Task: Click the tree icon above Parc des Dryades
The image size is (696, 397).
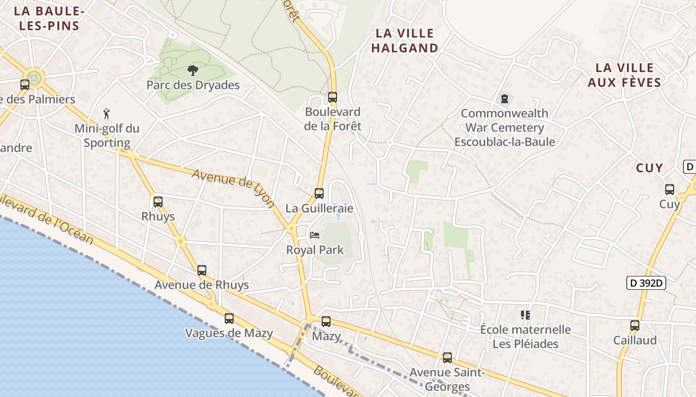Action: (192, 70)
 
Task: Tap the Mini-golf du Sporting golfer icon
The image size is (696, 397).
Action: (106, 114)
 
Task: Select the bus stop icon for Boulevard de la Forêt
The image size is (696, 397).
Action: (333, 97)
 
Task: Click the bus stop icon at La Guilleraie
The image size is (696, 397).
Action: (319, 194)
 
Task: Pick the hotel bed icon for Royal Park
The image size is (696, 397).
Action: (314, 235)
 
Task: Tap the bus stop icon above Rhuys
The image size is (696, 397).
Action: (158, 202)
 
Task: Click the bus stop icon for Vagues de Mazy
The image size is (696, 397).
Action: (229, 319)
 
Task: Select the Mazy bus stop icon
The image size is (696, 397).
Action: (326, 322)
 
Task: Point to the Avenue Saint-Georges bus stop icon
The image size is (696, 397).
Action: (447, 358)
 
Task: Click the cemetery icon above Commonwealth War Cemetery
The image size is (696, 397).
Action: (505, 99)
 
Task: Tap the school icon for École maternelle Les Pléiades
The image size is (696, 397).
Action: (525, 315)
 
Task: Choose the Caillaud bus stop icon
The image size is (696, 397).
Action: (635, 326)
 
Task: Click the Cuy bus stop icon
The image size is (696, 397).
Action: (670, 190)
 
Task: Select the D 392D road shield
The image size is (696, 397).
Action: (646, 283)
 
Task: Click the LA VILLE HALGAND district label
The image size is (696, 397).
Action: (405, 41)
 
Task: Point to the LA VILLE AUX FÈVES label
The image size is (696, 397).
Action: (624, 75)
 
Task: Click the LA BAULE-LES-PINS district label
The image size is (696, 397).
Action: (49, 18)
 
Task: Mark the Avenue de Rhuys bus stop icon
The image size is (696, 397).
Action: (202, 270)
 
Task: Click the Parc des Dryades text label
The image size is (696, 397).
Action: (193, 85)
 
